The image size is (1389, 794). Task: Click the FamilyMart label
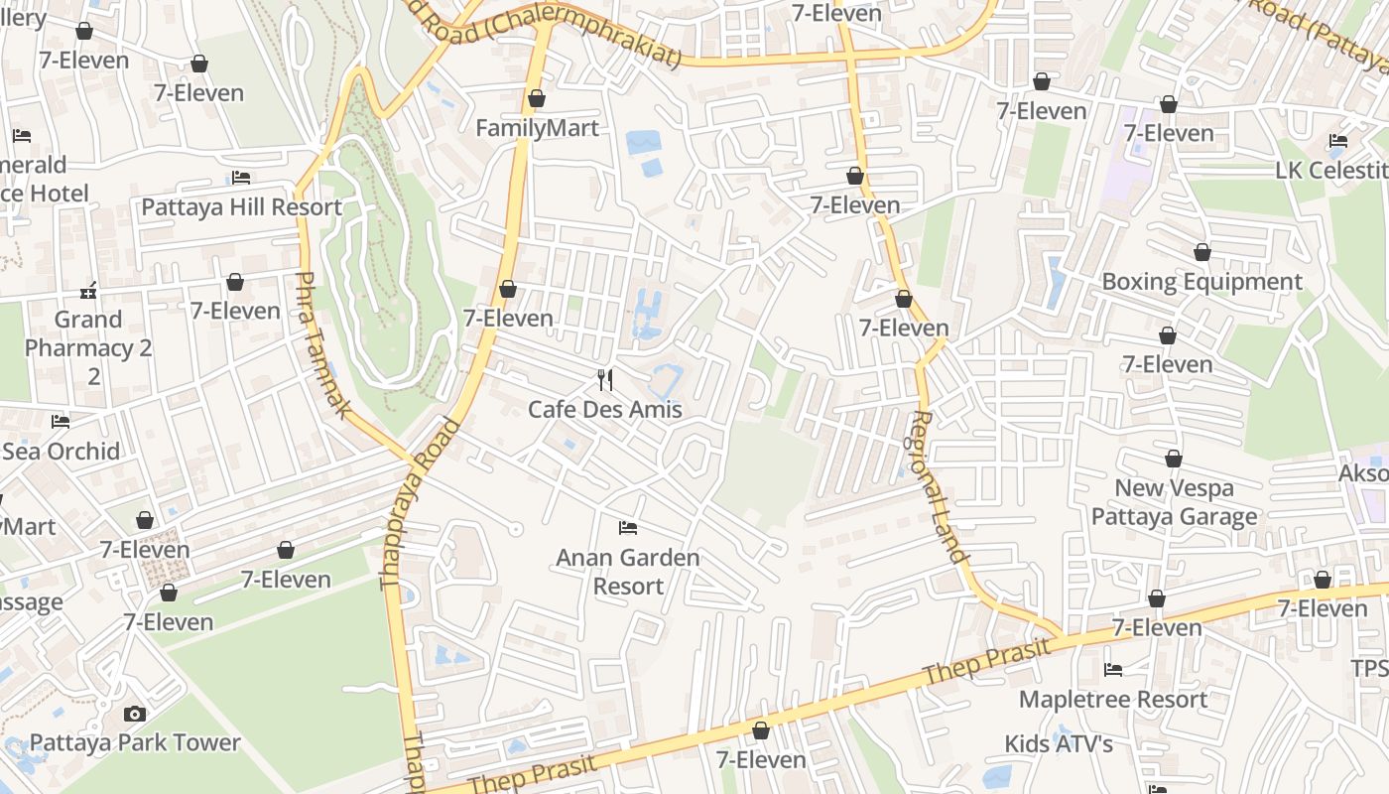click(537, 128)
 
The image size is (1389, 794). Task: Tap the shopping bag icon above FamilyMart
click(537, 98)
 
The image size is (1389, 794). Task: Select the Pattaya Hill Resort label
click(241, 207)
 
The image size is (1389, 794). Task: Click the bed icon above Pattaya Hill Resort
click(241, 178)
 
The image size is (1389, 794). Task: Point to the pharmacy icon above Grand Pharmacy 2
click(88, 291)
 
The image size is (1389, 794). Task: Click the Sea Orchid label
click(61, 451)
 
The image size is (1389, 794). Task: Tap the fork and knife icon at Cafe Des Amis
click(605, 379)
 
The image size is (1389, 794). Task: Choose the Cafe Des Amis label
click(605, 409)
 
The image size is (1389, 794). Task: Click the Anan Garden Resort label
click(628, 572)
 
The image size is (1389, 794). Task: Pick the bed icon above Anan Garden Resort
click(627, 527)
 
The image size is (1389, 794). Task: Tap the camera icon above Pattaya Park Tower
click(135, 714)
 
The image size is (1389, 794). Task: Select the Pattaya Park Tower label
click(135, 742)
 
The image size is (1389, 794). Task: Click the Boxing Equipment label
click(1201, 282)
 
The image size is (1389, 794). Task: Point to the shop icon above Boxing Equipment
click(1202, 253)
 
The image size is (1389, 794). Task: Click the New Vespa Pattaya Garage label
click(1175, 502)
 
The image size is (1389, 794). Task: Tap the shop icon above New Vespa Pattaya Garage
click(1174, 460)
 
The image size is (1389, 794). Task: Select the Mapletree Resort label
click(1113, 699)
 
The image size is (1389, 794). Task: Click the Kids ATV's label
click(1059, 743)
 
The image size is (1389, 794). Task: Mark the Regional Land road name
click(939, 486)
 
